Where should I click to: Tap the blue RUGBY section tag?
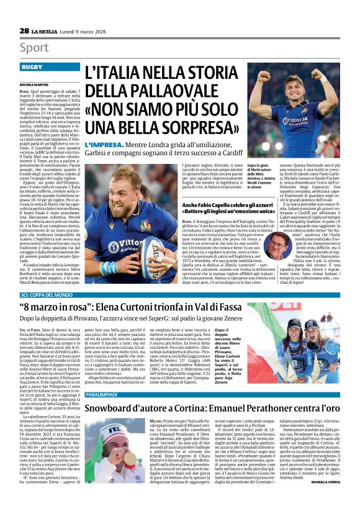pyautogui.click(x=32, y=66)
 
